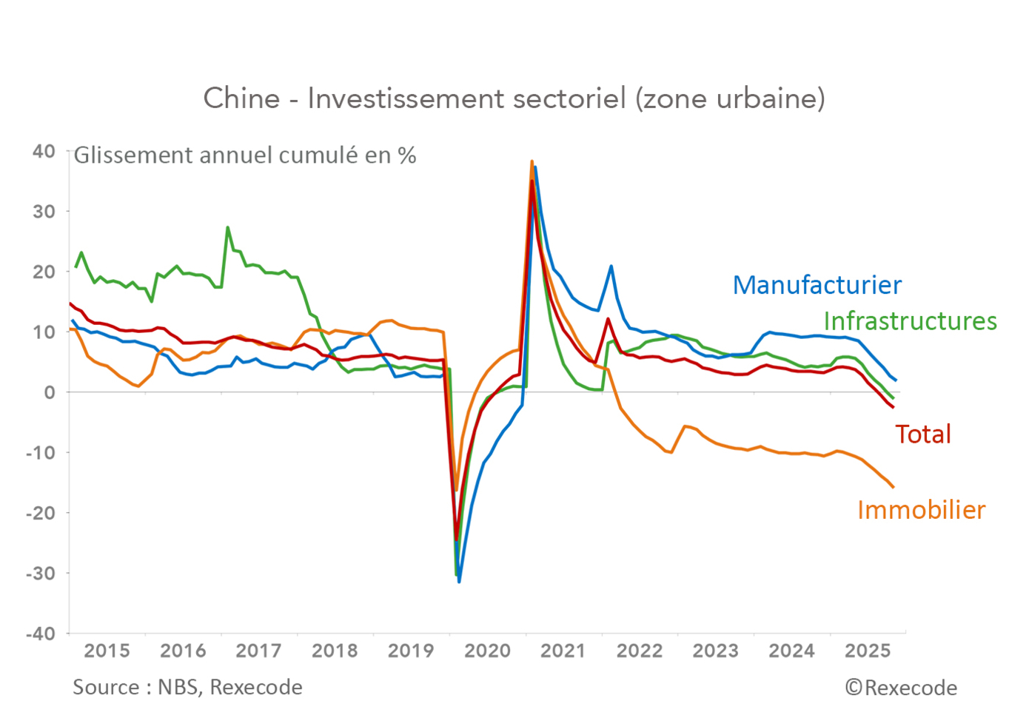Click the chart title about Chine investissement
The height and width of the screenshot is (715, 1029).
[514, 98]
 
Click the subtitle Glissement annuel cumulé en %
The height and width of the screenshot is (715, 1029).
[244, 155]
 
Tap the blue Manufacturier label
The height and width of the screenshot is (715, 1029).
[817, 285]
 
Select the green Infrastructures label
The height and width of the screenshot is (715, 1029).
[910, 321]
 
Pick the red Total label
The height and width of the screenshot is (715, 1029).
[922, 434]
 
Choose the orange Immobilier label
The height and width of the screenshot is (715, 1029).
[921, 510]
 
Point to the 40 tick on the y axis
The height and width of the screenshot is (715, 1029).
[44, 151]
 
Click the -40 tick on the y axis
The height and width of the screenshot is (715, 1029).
[41, 634]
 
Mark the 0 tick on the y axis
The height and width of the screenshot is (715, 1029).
[50, 392]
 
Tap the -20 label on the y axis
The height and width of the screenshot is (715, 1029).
[41, 513]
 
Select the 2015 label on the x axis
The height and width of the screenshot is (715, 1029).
[107, 651]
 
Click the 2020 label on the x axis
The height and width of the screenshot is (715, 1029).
[487, 651]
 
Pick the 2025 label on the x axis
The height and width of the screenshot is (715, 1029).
[868, 651]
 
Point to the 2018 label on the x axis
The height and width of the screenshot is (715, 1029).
[335, 651]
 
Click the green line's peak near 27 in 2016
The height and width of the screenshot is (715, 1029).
[227, 227]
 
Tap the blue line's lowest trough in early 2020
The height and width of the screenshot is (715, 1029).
[459, 582]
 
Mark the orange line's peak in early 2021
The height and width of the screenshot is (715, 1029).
[532, 161]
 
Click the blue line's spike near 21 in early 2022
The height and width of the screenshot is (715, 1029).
[611, 266]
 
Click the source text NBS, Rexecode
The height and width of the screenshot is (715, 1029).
[187, 688]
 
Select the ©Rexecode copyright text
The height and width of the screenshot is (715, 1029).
[901, 688]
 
